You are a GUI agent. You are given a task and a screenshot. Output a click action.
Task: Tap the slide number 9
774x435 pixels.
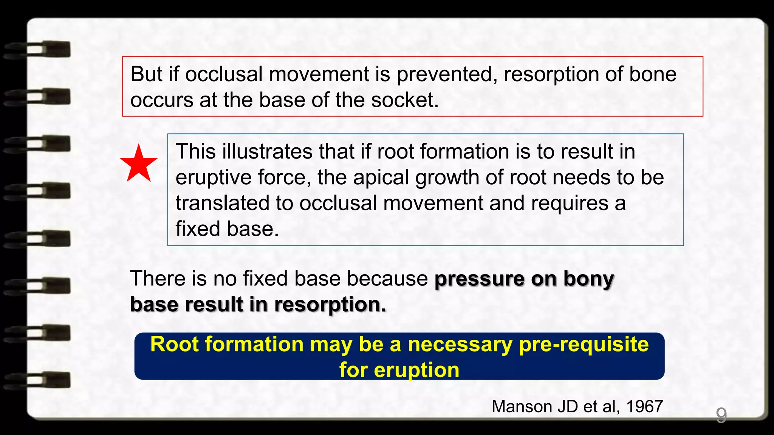point(721,415)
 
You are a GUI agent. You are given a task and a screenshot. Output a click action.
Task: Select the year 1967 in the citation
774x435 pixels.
point(644,407)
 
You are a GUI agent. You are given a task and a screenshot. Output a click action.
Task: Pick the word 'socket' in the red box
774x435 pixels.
point(404,100)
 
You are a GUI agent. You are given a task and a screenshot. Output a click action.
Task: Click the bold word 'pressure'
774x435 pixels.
point(479,279)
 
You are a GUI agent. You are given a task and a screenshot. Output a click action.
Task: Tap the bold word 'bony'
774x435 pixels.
point(588,279)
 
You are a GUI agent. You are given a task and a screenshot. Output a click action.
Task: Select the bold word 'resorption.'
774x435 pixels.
point(330,304)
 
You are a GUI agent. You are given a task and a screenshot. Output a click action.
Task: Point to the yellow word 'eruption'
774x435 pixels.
point(416,370)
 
